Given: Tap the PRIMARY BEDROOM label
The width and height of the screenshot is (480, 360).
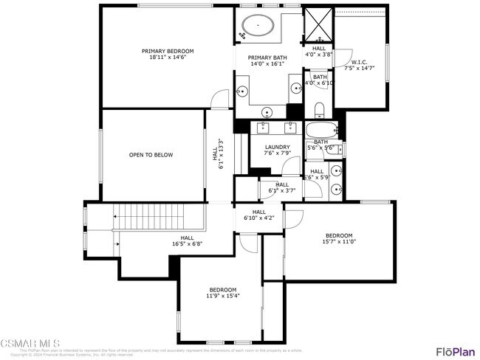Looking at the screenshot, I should pyautogui.click(x=168, y=51).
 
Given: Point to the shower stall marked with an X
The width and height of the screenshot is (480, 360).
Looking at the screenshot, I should pyautogui.click(x=318, y=24).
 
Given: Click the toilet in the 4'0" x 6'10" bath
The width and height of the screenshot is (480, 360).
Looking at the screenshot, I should pyautogui.click(x=319, y=111).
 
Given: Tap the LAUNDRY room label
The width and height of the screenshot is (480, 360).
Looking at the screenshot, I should pyautogui.click(x=278, y=147).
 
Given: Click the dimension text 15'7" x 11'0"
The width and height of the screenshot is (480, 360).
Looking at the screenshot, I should pyautogui.click(x=339, y=241).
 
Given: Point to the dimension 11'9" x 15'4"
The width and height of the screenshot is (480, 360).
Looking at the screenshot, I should pyautogui.click(x=222, y=295).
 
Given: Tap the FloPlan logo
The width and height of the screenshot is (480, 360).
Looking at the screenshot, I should pyautogui.click(x=454, y=351).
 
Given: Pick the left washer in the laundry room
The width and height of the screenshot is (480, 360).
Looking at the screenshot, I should pyautogui.click(x=264, y=128).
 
